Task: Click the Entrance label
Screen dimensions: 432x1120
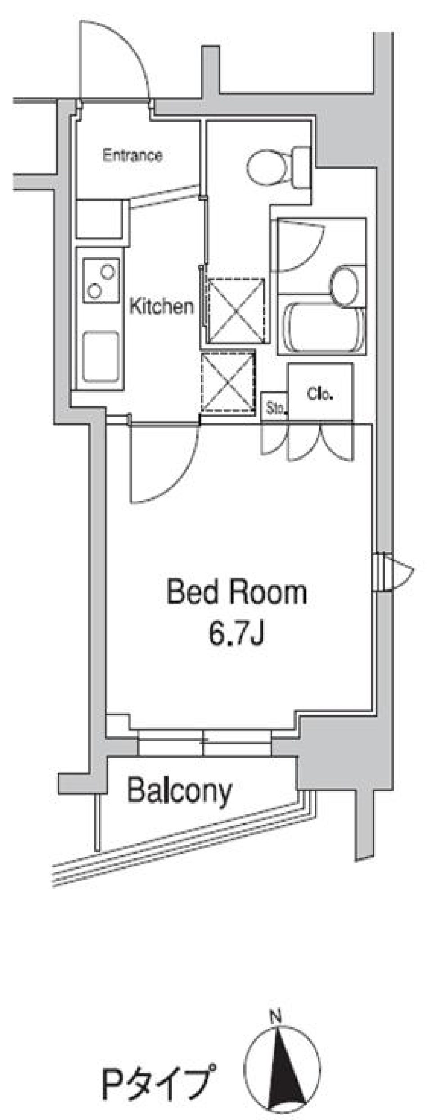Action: [x=132, y=155]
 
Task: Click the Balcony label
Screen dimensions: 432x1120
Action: [x=180, y=791]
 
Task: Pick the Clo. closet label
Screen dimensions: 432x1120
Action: [x=320, y=394]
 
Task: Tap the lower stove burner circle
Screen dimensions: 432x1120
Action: [x=94, y=290]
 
